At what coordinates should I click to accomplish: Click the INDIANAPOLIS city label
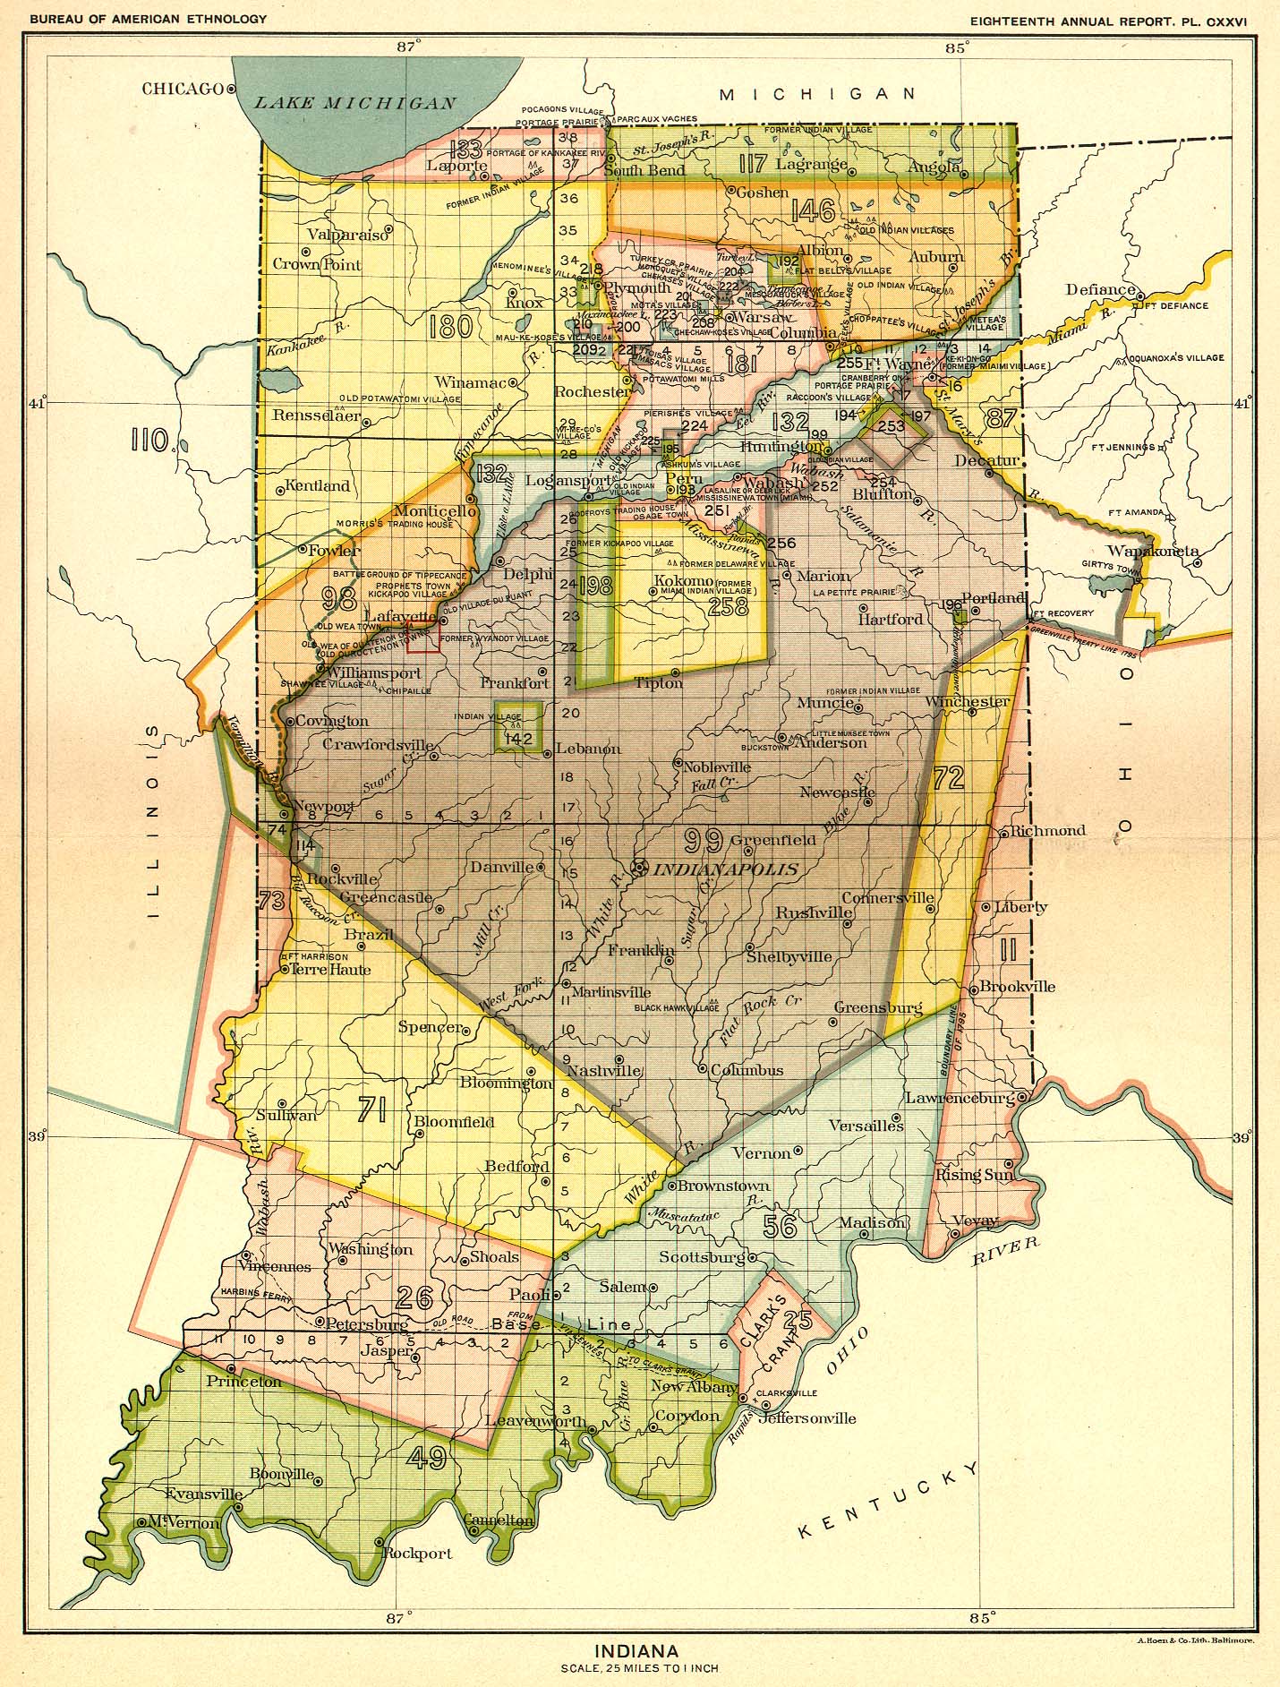tap(726, 869)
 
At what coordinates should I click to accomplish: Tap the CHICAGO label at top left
tap(182, 89)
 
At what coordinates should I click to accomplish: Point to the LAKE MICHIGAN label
tap(355, 103)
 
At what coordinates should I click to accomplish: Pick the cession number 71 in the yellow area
tap(371, 1110)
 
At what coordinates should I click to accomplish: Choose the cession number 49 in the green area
tap(426, 1459)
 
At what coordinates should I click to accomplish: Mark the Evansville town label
tap(203, 1494)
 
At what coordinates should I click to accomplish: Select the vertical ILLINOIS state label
tap(153, 822)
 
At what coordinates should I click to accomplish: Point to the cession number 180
tap(450, 326)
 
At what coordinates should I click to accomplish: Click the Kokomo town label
tap(683, 581)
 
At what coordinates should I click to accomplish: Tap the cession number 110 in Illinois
tap(150, 440)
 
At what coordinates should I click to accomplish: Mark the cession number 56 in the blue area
tap(780, 1226)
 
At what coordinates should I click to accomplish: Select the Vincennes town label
tap(275, 1267)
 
